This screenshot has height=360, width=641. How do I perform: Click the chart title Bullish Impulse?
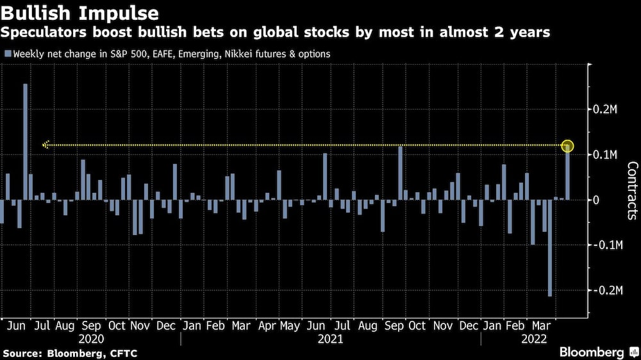(x=80, y=13)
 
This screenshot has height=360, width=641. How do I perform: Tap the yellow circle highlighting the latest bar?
(x=567, y=147)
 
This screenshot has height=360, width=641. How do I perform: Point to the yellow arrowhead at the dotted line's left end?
(x=46, y=145)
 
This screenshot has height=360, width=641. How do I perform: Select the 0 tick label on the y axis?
(x=595, y=200)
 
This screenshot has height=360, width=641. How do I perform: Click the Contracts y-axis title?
(x=631, y=190)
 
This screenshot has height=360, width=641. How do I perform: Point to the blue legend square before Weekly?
(x=7, y=54)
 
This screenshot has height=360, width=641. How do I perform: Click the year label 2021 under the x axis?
(x=330, y=339)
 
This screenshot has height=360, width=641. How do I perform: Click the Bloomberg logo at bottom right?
(x=592, y=352)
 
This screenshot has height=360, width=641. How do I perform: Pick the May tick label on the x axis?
(x=290, y=325)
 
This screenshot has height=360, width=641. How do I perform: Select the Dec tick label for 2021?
(x=469, y=325)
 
